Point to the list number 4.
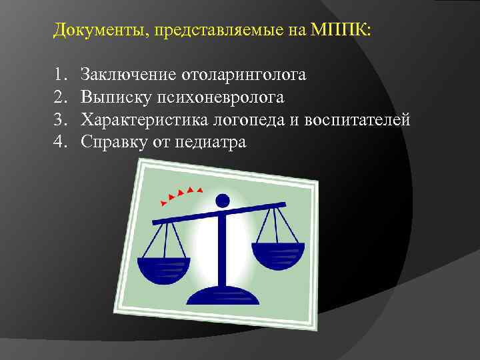(x=61, y=141)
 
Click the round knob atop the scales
(x=224, y=199)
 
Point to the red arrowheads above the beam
(x=180, y=194)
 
